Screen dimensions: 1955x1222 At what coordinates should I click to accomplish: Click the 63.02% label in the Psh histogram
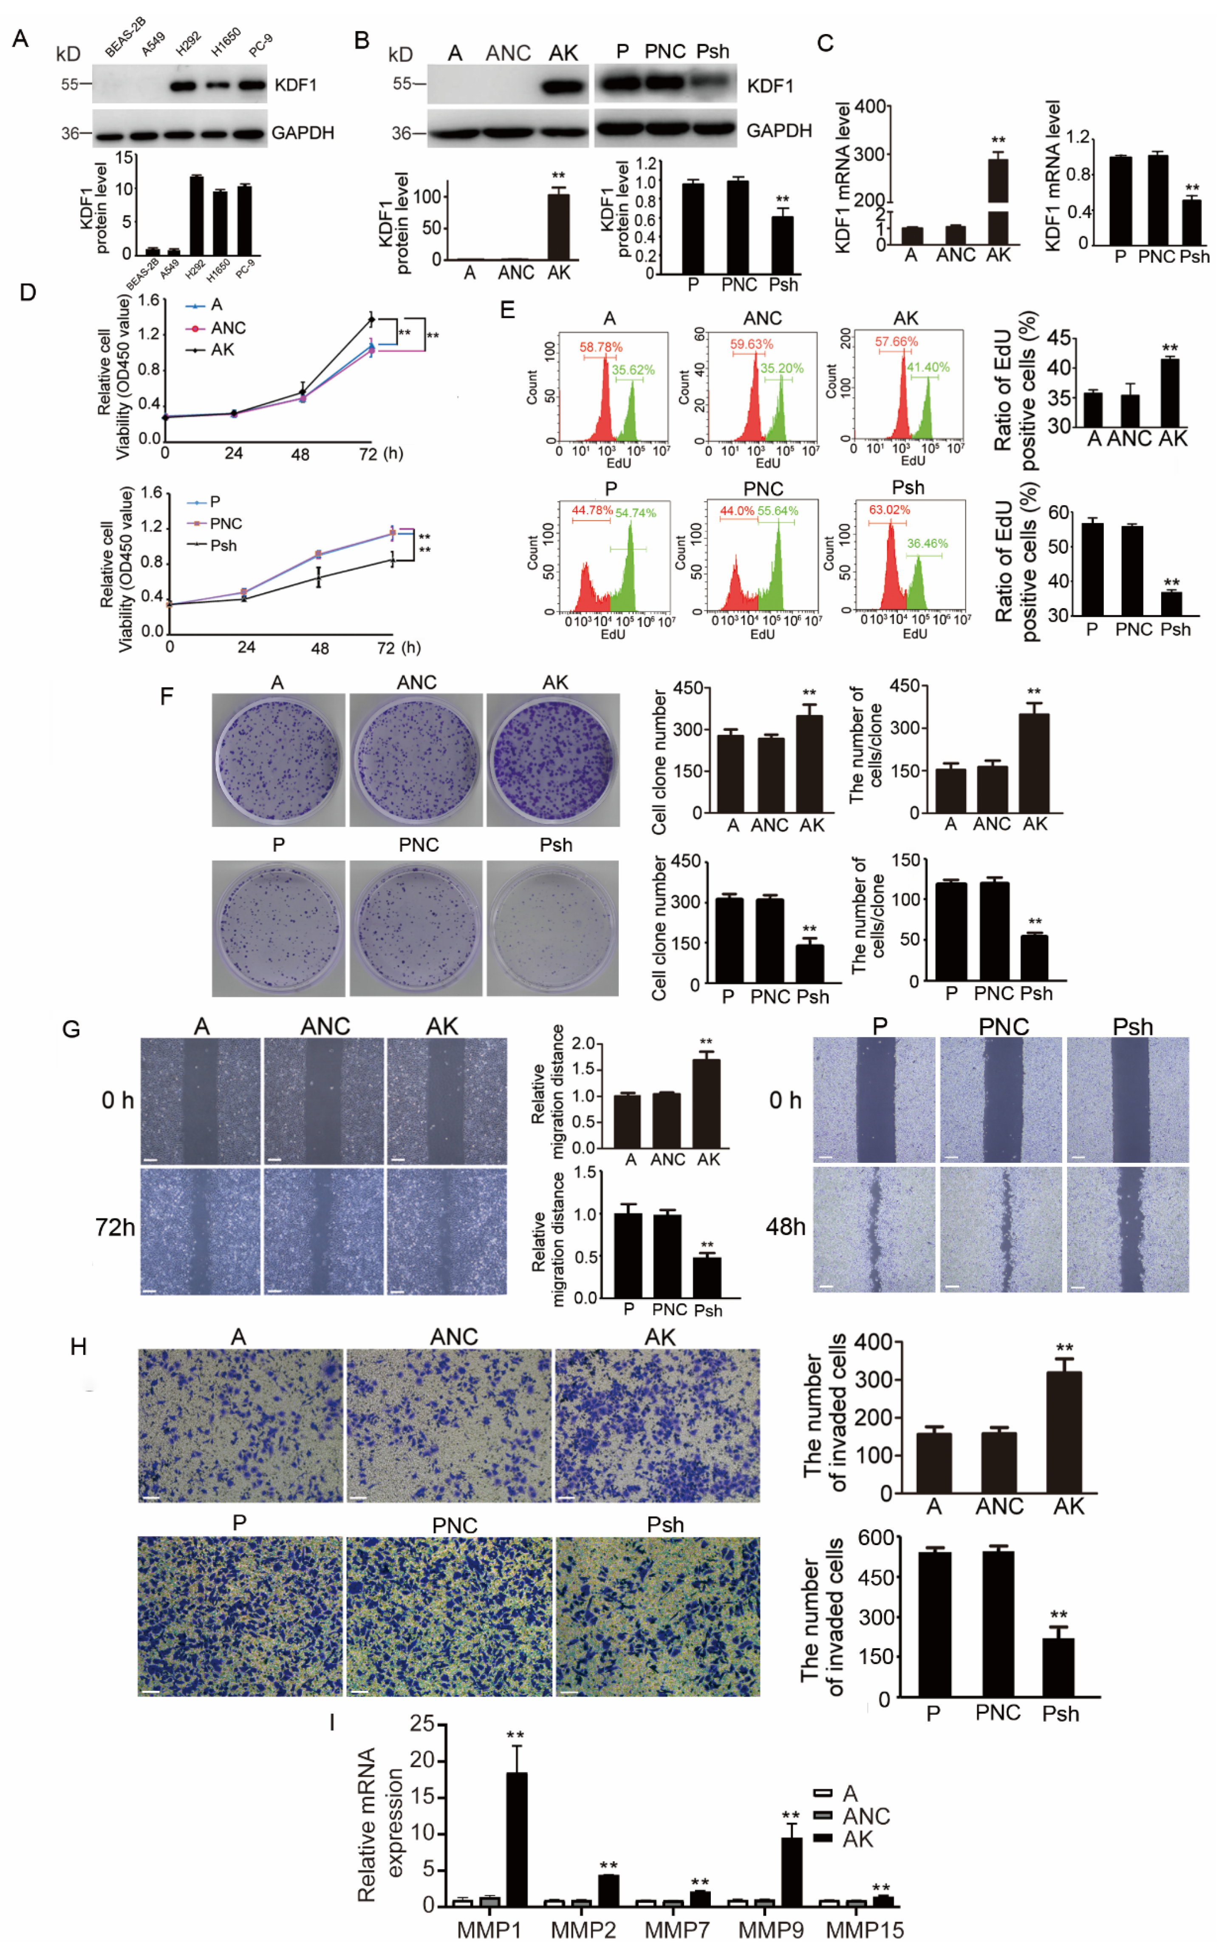coord(889,510)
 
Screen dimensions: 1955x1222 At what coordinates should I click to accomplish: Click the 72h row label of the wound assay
coord(115,1228)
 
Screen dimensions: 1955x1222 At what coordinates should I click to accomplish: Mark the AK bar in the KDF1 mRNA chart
coord(998,202)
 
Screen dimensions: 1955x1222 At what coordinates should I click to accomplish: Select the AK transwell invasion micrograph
coord(657,1425)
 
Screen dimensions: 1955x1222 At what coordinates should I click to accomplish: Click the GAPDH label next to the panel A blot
coord(302,133)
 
